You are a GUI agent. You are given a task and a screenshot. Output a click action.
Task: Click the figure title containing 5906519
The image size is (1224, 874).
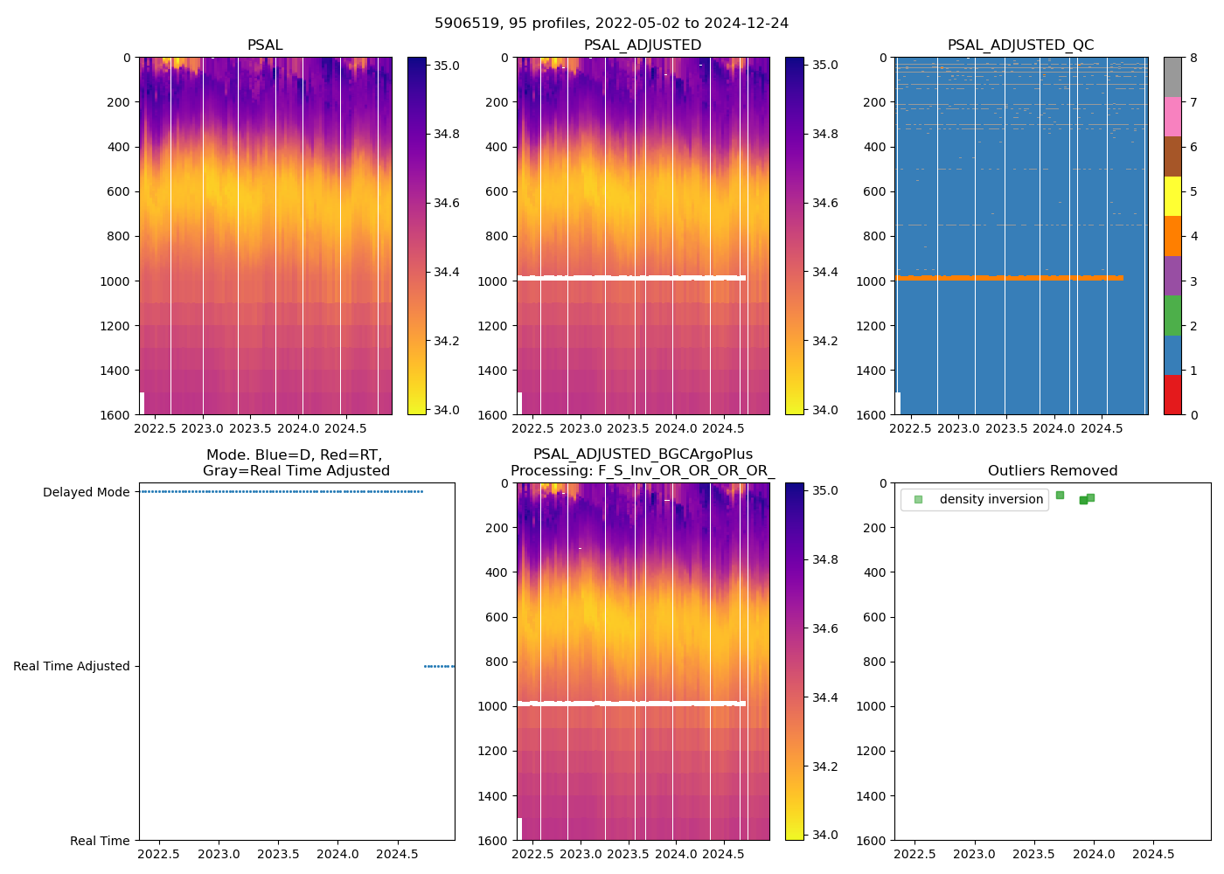[611, 24]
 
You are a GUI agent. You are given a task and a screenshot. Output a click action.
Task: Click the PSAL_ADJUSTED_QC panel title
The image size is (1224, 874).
[1020, 45]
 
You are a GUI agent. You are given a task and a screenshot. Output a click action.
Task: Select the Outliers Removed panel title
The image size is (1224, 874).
[1052, 471]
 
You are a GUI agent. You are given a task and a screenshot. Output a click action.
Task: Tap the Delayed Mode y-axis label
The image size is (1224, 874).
[87, 492]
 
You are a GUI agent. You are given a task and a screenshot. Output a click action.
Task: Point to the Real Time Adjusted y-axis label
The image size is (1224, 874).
[72, 666]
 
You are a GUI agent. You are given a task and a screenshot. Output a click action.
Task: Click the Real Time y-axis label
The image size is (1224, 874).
[100, 841]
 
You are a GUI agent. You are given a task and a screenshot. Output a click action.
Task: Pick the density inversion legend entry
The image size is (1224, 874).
[991, 500]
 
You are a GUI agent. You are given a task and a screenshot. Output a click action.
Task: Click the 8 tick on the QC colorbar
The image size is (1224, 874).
[1193, 58]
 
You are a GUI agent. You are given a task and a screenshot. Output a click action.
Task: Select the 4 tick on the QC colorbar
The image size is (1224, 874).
[1193, 236]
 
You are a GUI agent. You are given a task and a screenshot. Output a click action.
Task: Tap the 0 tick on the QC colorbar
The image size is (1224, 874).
[1193, 414]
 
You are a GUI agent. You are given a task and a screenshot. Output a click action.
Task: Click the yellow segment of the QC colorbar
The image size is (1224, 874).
[1172, 197]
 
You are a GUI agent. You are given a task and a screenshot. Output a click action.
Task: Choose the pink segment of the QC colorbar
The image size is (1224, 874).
[1172, 117]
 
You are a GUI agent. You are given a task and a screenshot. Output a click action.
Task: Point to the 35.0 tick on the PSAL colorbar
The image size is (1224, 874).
[447, 66]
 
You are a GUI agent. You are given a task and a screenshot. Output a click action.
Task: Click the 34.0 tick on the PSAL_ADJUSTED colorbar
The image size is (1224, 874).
[824, 410]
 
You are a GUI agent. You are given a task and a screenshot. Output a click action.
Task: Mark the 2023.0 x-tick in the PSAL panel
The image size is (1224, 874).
[203, 429]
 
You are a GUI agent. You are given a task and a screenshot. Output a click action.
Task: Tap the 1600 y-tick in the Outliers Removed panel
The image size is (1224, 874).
[876, 841]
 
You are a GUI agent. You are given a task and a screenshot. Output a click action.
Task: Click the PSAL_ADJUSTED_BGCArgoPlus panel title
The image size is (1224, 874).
[643, 462]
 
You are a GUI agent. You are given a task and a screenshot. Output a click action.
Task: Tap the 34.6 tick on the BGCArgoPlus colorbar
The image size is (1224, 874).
[824, 628]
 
